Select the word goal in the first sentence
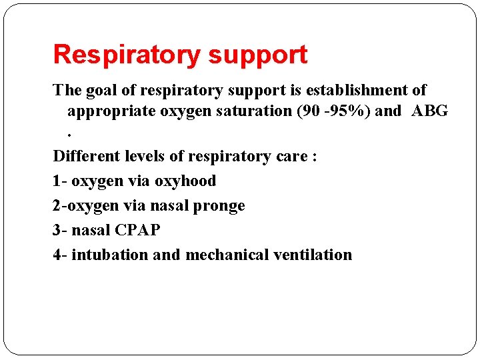(97, 90)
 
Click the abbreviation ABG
(430, 111)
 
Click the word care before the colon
(287, 157)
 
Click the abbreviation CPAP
(137, 230)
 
